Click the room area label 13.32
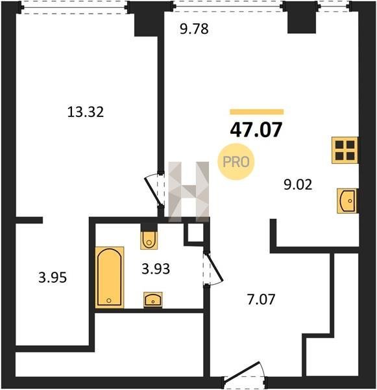click(x=86, y=112)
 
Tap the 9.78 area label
click(x=194, y=29)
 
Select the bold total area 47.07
click(x=256, y=130)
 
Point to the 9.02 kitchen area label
click(x=298, y=185)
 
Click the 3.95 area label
click(x=53, y=278)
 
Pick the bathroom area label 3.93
click(x=156, y=269)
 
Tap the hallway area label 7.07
click(x=261, y=300)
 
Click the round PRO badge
click(x=236, y=162)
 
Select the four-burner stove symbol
click(x=345, y=150)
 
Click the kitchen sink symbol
click(x=347, y=201)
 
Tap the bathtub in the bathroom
click(x=110, y=278)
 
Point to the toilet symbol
click(x=149, y=240)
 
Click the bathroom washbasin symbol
click(x=153, y=300)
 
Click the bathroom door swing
click(x=213, y=268)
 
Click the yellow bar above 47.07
click(x=257, y=112)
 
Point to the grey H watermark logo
click(x=188, y=192)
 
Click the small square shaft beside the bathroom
click(x=195, y=233)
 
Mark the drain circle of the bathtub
click(x=109, y=301)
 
